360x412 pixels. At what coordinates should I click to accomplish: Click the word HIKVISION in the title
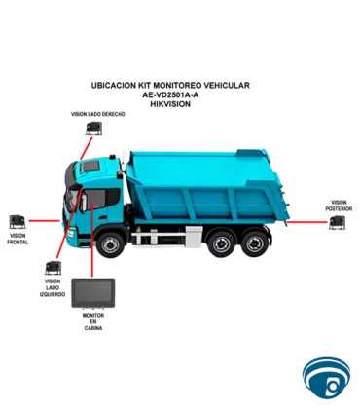[170, 104]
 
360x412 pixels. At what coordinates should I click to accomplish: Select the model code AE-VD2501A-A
[170, 94]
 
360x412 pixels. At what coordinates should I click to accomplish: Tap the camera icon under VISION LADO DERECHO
[94, 129]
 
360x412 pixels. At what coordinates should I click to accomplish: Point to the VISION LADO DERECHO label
[98, 114]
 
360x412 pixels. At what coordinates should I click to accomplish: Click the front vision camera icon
[18, 222]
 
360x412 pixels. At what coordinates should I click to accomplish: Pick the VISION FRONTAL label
[18, 239]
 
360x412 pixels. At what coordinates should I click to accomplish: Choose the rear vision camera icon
[338, 223]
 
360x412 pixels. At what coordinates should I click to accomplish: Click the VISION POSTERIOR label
[339, 206]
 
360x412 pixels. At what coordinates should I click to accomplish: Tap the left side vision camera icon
[54, 268]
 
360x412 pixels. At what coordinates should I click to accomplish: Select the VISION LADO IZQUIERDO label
[53, 288]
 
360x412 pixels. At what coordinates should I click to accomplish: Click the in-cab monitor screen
[92, 293]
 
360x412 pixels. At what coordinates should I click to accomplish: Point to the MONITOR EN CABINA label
[93, 321]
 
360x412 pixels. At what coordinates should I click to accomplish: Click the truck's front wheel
[111, 243]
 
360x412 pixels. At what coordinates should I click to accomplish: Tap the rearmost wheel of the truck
[255, 243]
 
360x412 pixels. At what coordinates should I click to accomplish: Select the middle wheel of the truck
[221, 243]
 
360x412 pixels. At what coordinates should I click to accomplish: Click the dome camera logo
[326, 378]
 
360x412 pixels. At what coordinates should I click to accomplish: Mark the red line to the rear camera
[307, 222]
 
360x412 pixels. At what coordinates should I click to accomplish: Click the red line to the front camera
[45, 221]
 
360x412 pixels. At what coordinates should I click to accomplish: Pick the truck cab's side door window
[95, 200]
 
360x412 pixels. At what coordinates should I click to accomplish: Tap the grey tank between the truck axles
[194, 237]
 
